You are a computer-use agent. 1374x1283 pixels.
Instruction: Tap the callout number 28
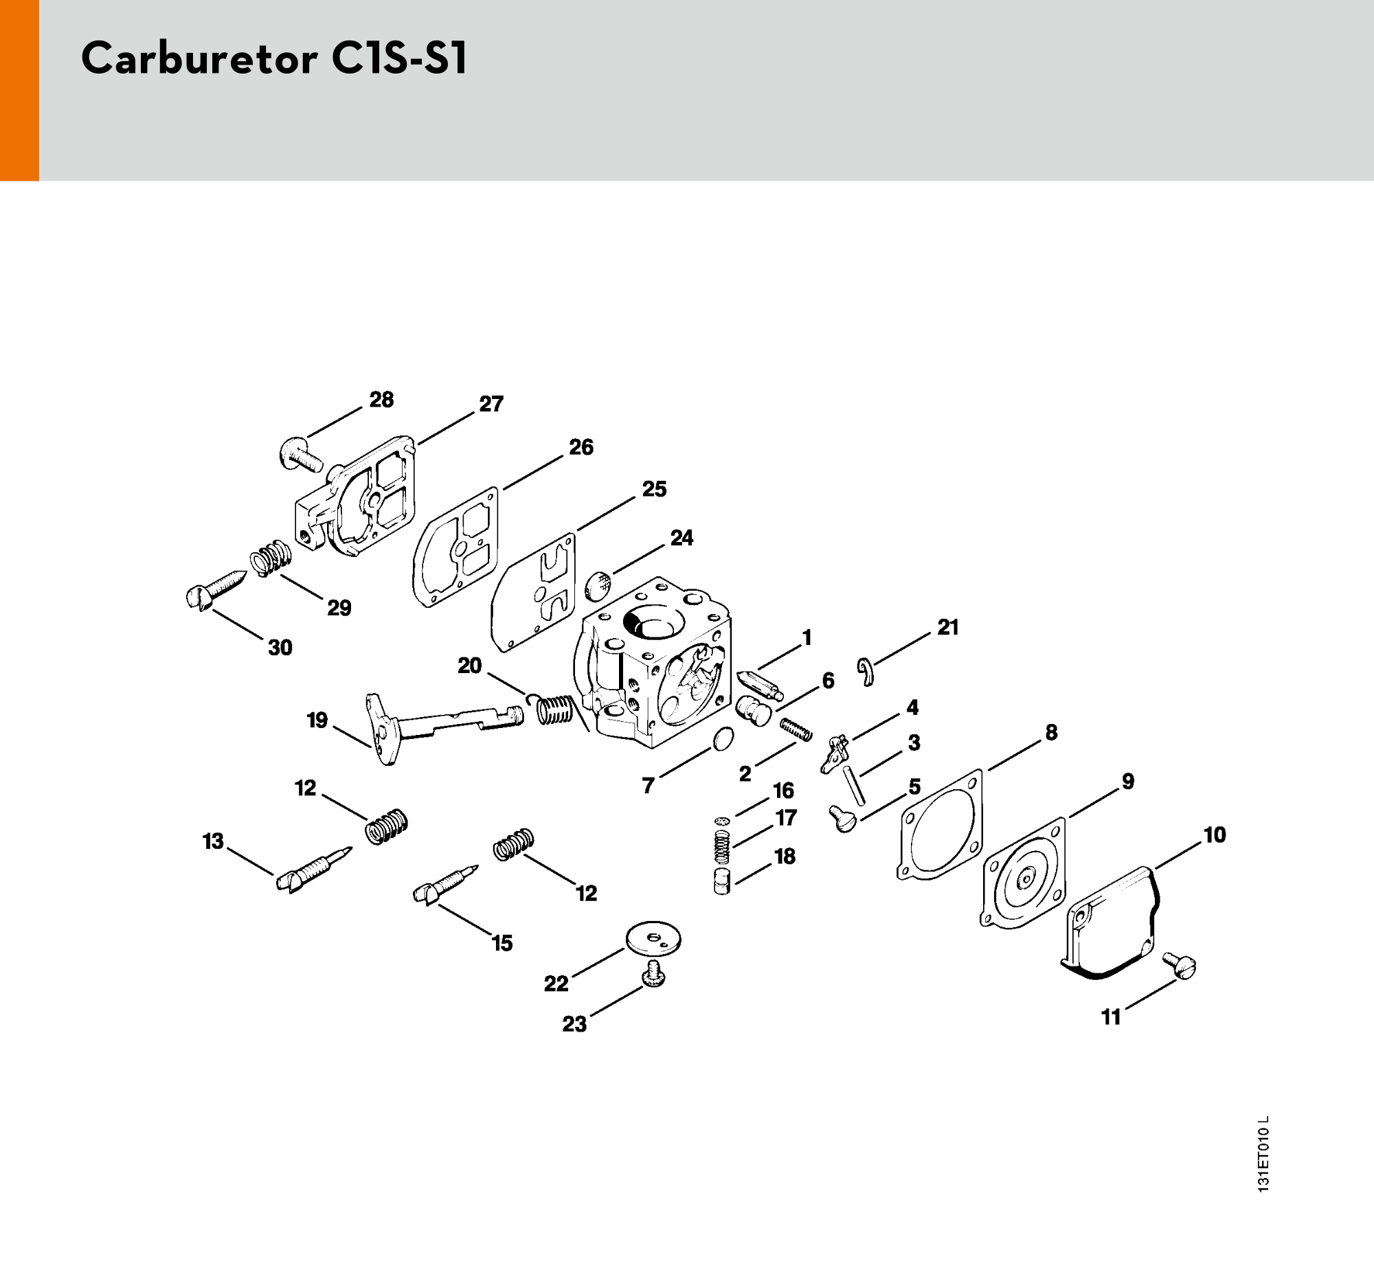pyautogui.click(x=381, y=400)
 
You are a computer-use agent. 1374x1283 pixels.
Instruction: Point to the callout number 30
pyautogui.click(x=280, y=648)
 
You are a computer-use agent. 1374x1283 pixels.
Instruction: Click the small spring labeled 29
pyautogui.click(x=271, y=558)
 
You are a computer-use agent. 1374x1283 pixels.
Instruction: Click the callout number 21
pyautogui.click(x=947, y=627)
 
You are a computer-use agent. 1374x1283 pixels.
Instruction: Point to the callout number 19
pyautogui.click(x=317, y=720)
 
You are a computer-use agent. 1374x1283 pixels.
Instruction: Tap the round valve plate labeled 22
pyautogui.click(x=653, y=938)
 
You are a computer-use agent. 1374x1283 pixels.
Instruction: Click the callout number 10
pyautogui.click(x=1215, y=835)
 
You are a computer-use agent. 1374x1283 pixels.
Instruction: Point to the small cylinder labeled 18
pyautogui.click(x=722, y=883)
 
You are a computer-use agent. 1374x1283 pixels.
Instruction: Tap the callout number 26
pyautogui.click(x=581, y=448)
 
